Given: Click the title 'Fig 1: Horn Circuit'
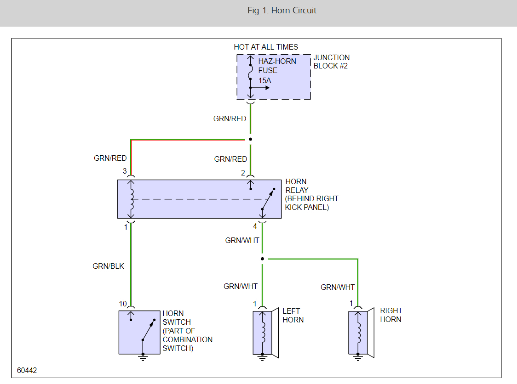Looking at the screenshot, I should point(281,11).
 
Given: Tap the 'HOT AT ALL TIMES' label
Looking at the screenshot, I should point(266,47).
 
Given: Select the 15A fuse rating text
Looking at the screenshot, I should point(265,81).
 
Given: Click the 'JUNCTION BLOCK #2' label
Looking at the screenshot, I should point(332,62).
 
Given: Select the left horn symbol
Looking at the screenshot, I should point(264,332).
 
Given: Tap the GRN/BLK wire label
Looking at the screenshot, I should point(109,266).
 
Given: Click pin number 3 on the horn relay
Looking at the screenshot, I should point(125,171).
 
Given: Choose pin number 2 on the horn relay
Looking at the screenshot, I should point(243,173).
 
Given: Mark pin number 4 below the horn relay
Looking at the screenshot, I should point(255,226).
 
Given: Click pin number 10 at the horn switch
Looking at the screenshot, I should point(123,304).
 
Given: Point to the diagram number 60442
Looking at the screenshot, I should point(27,370).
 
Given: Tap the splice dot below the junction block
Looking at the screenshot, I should point(250,139).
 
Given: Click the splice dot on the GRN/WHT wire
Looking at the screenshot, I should point(262,259).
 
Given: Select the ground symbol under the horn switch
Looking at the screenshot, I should point(143,357).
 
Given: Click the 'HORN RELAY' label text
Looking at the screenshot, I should point(296,186).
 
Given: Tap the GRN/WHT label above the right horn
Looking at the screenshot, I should point(338,288).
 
